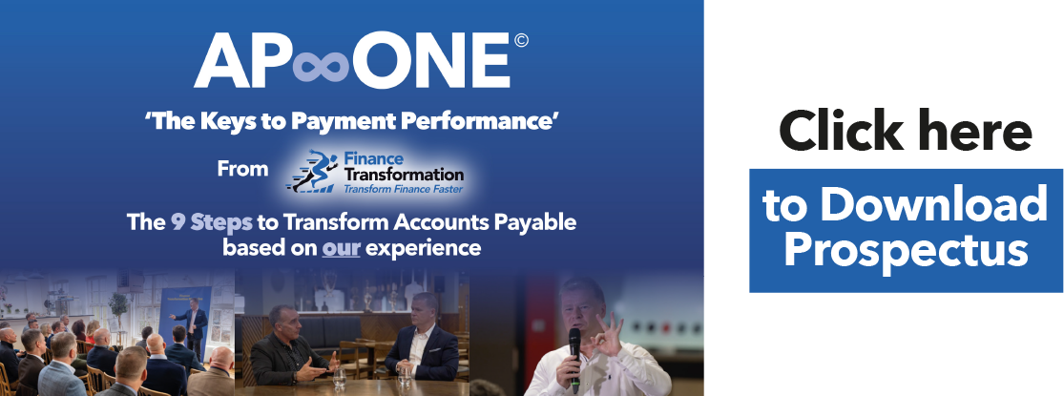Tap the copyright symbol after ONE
521,41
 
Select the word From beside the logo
242,168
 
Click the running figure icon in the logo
314,171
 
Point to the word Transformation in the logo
404,175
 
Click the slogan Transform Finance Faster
403,189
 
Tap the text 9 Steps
212,222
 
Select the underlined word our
341,248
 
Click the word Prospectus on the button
907,250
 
